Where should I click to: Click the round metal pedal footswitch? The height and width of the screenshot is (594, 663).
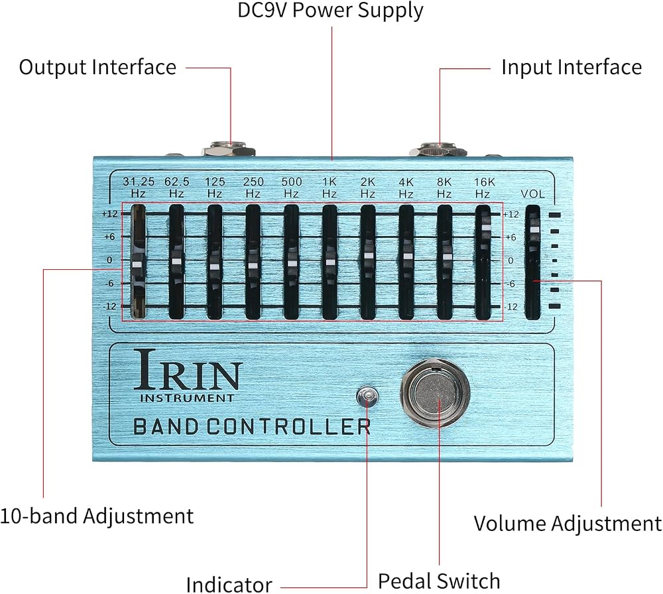click(x=435, y=393)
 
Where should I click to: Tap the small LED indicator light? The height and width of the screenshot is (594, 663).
click(x=367, y=396)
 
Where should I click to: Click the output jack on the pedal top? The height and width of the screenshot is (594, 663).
click(x=229, y=150)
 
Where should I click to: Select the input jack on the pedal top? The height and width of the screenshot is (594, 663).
click(x=438, y=150)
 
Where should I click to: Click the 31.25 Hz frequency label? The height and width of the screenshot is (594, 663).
click(x=139, y=188)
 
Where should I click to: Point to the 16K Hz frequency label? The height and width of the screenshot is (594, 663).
click(x=484, y=188)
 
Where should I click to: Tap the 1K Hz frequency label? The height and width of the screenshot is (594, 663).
click(x=330, y=188)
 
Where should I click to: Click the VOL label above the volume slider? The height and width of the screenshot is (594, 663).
click(x=532, y=194)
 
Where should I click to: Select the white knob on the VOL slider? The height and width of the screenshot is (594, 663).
click(x=534, y=229)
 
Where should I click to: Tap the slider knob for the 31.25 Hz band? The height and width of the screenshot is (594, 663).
click(x=137, y=265)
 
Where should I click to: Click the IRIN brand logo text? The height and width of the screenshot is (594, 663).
click(x=188, y=369)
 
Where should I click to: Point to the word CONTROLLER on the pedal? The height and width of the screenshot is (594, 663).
click(x=288, y=426)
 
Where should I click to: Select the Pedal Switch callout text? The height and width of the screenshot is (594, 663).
click(x=439, y=581)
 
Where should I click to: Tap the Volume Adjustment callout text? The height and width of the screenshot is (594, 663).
click(x=568, y=524)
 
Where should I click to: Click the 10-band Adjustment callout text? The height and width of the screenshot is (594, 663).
click(x=97, y=516)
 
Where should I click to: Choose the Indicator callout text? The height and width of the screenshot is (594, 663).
click(x=229, y=585)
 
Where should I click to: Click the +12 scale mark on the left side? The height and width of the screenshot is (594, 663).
click(x=110, y=214)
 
